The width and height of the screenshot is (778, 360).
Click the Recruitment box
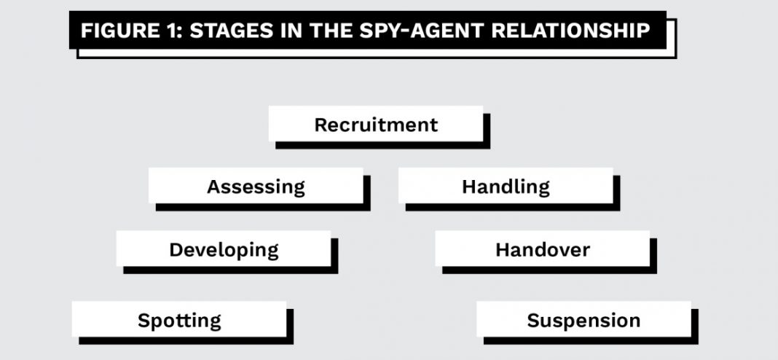pos(375,124)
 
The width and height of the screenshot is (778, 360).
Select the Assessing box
pos(256,187)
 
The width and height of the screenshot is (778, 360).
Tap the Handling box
pos(506,187)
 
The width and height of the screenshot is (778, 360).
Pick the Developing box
pos(224,250)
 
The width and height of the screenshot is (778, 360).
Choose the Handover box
pos(542,250)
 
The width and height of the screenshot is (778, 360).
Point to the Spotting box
pos(179,320)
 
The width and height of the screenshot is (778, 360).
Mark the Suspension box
pos(583,320)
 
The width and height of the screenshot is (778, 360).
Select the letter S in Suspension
pos(533,321)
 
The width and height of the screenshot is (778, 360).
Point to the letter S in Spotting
pos(144,321)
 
